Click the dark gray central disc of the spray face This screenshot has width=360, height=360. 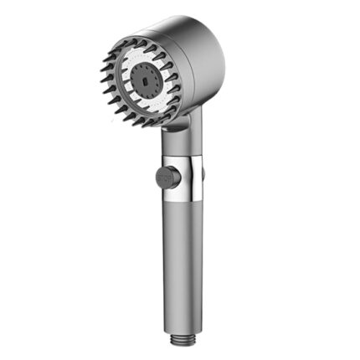[146, 80]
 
